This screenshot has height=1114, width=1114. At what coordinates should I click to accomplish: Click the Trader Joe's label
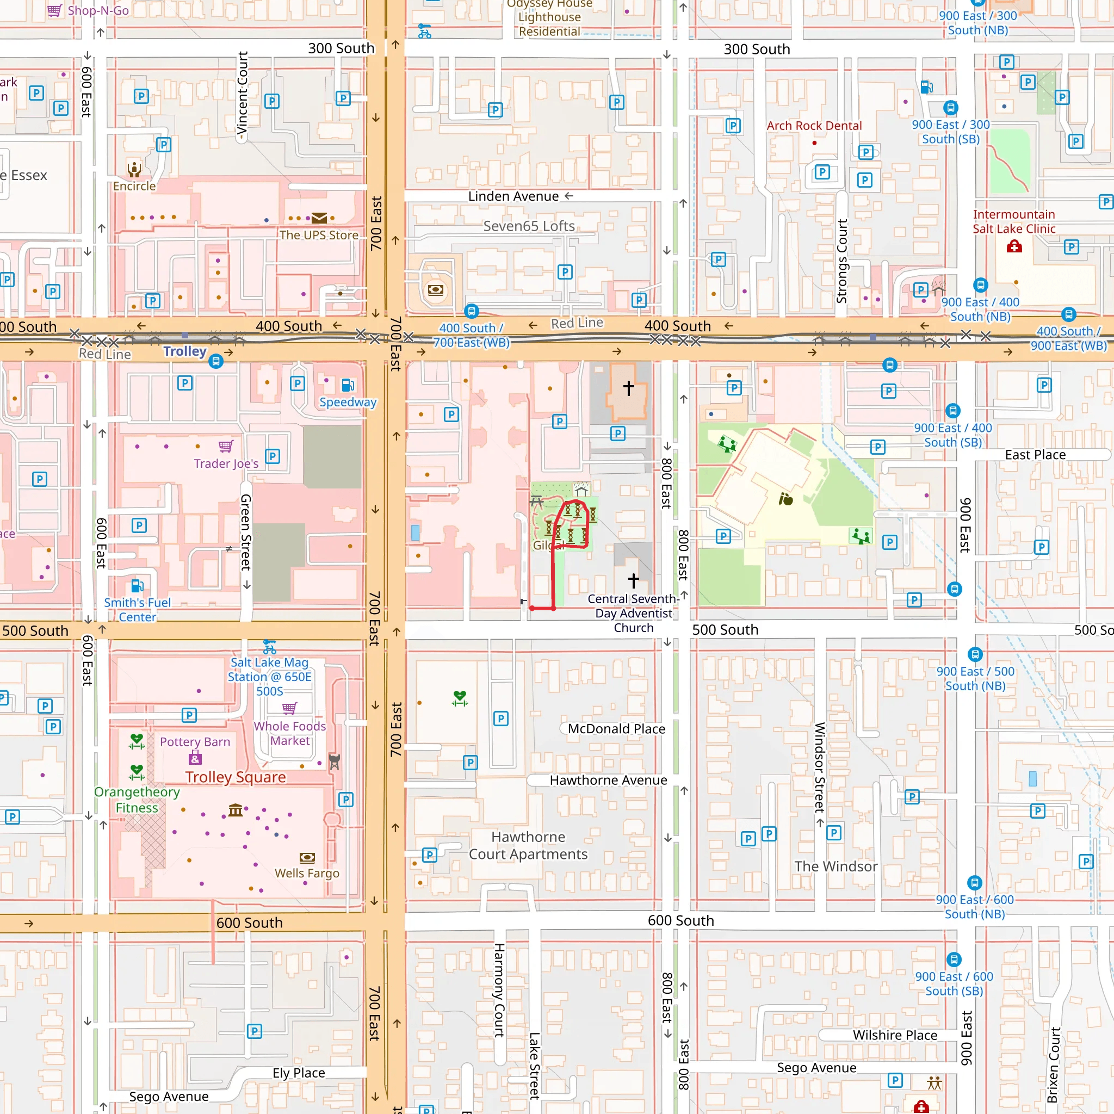click(226, 463)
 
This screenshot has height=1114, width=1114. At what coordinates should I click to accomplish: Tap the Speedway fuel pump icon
click(348, 385)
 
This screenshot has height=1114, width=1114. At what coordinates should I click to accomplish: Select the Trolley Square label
click(235, 777)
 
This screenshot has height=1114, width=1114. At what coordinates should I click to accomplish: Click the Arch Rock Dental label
click(814, 126)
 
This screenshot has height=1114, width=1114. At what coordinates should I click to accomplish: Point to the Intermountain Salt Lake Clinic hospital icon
click(1014, 247)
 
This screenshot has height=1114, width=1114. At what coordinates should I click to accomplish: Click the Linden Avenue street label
click(512, 196)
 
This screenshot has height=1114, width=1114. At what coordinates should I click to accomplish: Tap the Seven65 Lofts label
click(529, 226)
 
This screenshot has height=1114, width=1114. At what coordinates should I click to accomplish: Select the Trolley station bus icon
click(215, 362)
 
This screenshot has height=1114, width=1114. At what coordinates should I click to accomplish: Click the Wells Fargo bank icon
click(307, 857)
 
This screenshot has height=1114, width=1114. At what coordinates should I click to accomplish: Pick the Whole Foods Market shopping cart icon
click(289, 708)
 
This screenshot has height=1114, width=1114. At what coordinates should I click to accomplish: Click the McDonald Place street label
click(616, 729)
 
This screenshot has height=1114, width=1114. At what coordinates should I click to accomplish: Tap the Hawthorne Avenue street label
click(608, 780)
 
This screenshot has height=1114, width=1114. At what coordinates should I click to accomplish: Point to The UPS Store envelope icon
click(319, 218)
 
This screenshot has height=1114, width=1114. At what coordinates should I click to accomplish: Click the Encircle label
click(134, 186)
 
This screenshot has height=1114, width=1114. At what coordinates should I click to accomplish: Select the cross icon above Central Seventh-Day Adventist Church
click(633, 580)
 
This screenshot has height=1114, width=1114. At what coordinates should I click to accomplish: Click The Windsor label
click(835, 866)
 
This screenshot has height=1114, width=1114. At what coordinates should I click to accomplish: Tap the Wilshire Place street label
click(894, 1035)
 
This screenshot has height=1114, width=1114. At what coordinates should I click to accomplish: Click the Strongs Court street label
click(842, 261)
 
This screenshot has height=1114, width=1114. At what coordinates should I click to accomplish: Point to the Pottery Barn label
click(195, 742)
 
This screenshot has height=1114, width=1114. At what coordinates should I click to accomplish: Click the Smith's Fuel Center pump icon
click(137, 586)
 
